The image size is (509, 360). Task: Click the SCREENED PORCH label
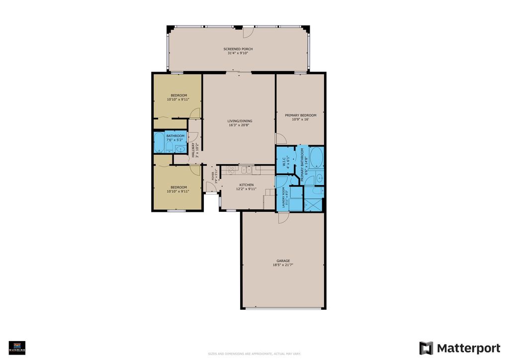[x=238, y=49]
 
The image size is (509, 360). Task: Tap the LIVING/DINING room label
[x=240, y=121]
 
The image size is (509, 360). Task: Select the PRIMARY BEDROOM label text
[x=300, y=115]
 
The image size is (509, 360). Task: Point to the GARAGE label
[x=283, y=261]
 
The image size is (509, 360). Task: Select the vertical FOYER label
[x=213, y=175]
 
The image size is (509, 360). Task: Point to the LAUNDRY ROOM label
[x=283, y=197]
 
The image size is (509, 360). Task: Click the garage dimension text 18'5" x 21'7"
[x=283, y=266]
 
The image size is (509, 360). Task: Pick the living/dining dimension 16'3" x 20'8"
[x=240, y=125]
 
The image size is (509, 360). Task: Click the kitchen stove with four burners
[x=231, y=170]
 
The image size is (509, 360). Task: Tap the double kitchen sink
[x=246, y=170]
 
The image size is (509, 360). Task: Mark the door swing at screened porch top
[x=248, y=31]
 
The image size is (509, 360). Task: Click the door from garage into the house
[x=283, y=217]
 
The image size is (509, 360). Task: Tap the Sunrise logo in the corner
[x=17, y=347]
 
